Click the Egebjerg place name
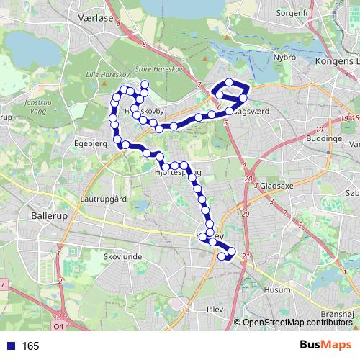[x=90, y=143]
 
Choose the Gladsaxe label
[x=278, y=185]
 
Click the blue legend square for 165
[x=9, y=346]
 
